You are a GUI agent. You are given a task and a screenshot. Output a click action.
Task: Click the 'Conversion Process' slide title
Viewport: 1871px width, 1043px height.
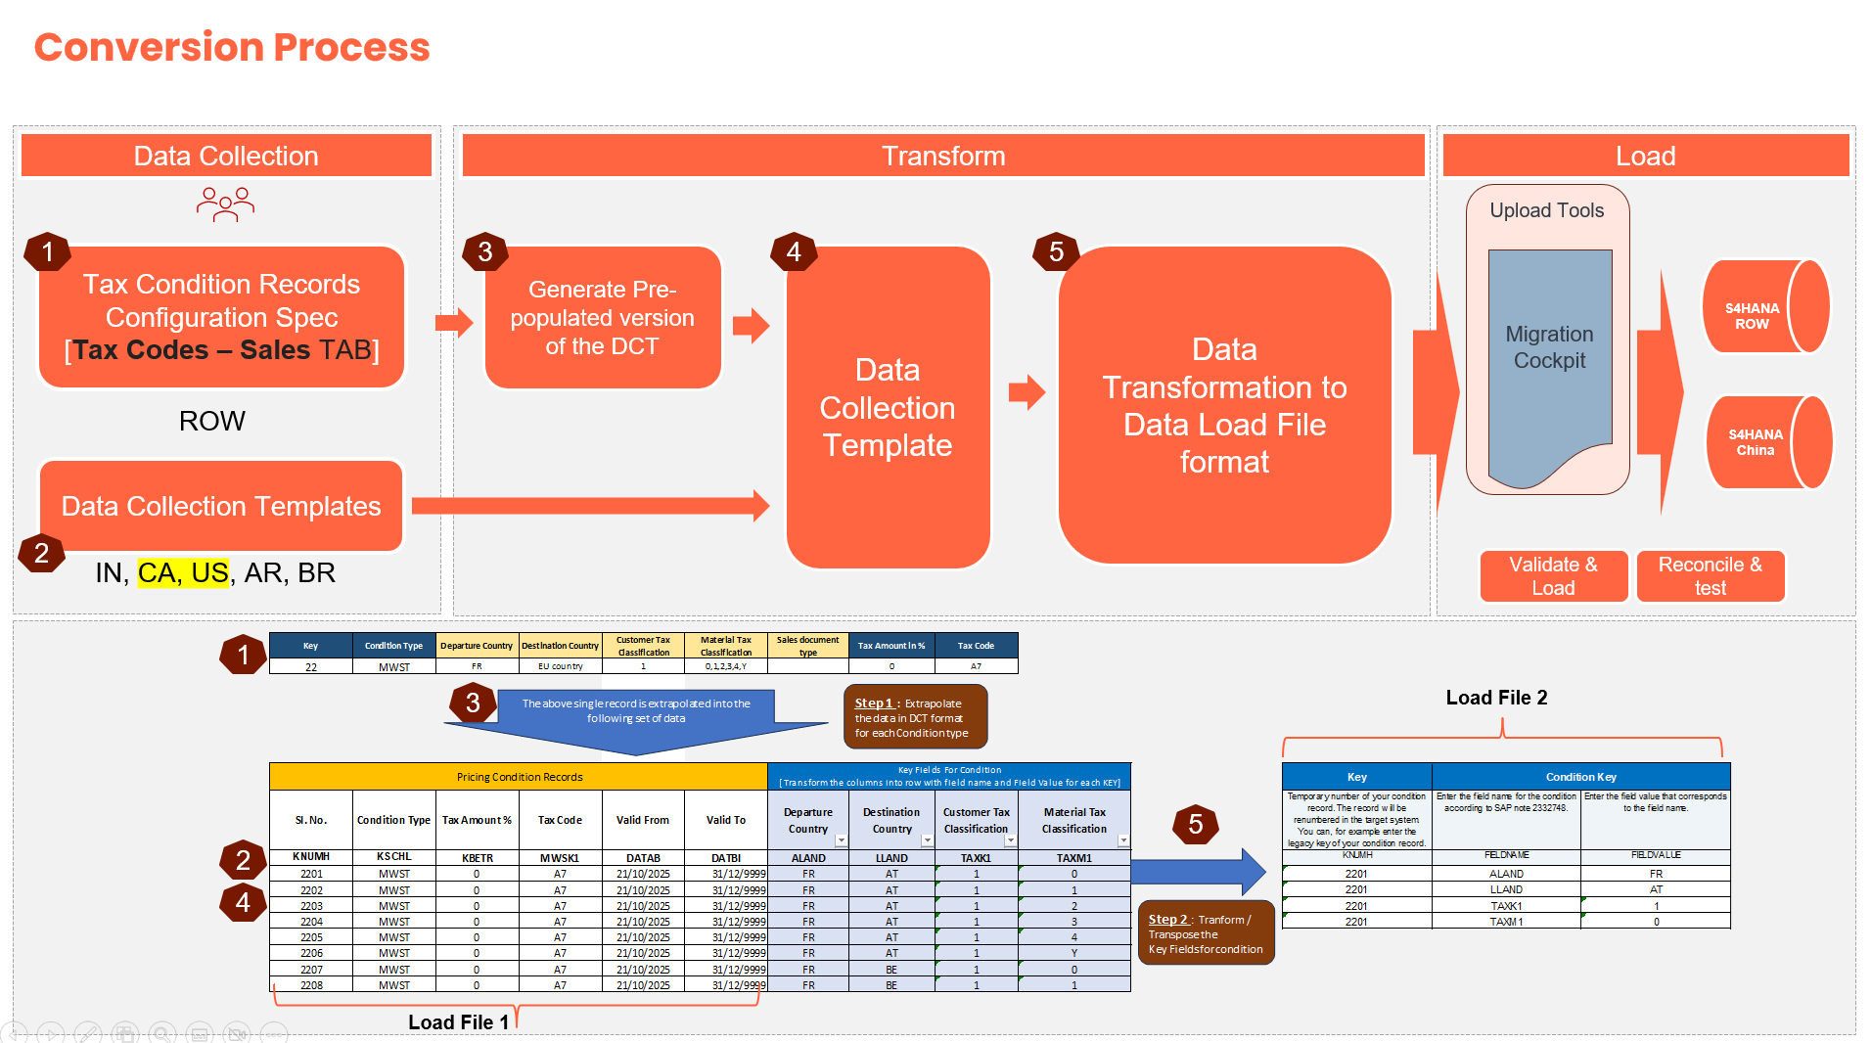click(232, 47)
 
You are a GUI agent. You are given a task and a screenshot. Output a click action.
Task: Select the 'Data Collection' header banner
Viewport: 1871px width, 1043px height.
click(226, 156)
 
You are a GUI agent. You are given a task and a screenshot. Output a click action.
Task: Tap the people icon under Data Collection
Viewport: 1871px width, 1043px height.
click(225, 204)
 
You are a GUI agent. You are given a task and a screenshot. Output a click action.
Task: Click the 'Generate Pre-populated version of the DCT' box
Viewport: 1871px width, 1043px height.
click(603, 317)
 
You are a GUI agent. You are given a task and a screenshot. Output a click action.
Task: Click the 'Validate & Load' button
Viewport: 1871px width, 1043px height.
click(1553, 576)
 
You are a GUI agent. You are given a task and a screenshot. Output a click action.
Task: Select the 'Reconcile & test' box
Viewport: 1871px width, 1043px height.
click(1710, 576)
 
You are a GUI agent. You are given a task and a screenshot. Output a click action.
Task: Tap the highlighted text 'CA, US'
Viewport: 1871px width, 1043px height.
click(183, 572)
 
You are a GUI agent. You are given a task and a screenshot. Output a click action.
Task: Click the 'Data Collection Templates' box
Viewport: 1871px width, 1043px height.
click(221, 506)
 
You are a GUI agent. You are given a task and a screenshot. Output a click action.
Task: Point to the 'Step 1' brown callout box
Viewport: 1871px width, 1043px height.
click(915, 717)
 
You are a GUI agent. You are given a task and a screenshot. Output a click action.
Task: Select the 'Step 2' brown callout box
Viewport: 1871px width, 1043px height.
click(1206, 933)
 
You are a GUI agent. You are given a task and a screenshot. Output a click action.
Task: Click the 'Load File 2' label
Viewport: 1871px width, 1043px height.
click(1496, 698)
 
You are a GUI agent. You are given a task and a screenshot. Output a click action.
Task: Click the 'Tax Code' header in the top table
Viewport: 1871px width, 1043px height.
click(976, 646)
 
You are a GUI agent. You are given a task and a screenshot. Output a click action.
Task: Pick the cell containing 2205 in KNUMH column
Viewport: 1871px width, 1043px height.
click(311, 937)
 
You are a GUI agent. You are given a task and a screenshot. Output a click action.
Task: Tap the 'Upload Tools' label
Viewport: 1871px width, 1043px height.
click(1546, 210)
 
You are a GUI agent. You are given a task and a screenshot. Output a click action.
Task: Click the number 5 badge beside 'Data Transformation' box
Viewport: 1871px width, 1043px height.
click(1056, 251)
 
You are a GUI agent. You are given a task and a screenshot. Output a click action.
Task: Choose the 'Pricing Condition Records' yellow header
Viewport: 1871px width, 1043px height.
click(519, 777)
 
